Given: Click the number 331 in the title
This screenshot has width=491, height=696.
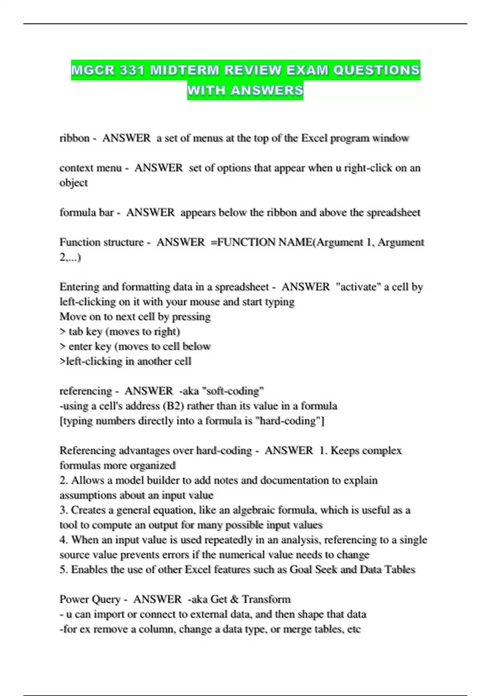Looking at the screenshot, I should point(132,70).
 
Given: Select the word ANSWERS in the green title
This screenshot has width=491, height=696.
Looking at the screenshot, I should point(267,90).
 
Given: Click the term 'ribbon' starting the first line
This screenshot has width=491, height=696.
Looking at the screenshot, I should point(74,138).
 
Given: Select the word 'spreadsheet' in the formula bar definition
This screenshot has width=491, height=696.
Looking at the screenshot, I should point(393,212).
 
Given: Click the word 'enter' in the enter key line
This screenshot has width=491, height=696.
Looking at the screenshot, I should point(80,346).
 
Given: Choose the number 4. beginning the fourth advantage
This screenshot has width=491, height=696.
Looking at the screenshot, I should point(63,540).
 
